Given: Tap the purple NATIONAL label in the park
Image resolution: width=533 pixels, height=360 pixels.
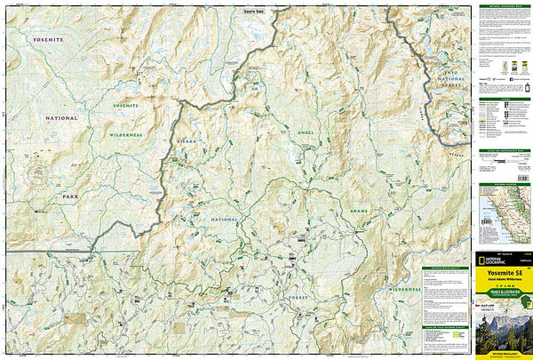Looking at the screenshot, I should (63, 117).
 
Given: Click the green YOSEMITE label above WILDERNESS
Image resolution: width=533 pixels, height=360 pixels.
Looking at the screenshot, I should (127, 106).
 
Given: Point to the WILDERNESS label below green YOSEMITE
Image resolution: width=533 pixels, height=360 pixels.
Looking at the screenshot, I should (128, 134).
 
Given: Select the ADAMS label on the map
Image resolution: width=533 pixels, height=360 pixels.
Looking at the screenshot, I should (359, 212).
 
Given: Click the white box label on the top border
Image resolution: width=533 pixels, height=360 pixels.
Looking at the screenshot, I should (254, 10).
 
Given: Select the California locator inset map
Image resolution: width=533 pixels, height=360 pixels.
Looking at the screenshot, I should (504, 218).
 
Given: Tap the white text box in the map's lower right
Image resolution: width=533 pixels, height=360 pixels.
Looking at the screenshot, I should (446, 307).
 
